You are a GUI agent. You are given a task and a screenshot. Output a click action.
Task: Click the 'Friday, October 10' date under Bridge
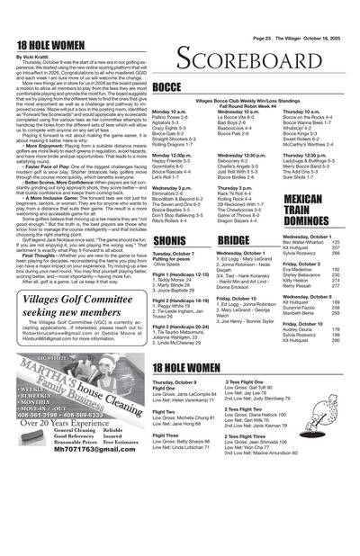pyautogui.click(x=238, y=297)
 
